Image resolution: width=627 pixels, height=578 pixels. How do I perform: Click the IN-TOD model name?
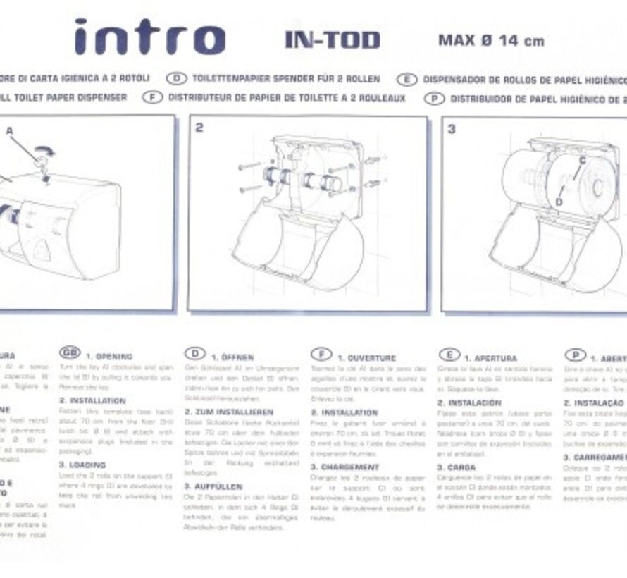[333, 40]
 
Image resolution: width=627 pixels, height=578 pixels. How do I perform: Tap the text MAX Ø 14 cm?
[491, 40]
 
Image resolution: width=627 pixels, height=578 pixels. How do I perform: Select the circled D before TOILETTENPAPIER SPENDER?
[176, 79]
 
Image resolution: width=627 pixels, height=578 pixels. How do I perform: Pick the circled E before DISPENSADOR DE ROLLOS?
[407, 80]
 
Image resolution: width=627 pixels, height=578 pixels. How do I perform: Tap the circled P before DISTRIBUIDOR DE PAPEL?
[435, 99]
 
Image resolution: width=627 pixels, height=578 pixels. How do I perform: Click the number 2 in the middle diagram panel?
[199, 128]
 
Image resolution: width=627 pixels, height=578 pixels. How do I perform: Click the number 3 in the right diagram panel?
[452, 129]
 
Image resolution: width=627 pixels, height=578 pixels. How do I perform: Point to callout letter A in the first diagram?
[10, 130]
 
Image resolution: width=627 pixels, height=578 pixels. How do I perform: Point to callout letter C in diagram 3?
[582, 160]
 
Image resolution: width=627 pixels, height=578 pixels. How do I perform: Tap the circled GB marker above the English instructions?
[69, 354]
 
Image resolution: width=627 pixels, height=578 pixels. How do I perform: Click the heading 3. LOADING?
[82, 465]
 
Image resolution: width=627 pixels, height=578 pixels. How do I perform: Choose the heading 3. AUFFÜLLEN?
[213, 486]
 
